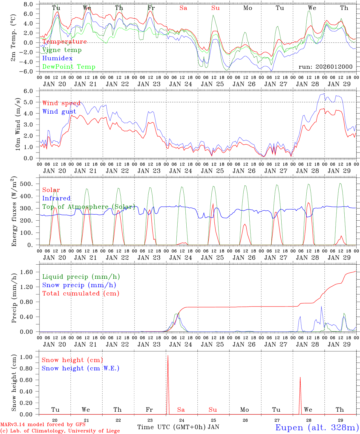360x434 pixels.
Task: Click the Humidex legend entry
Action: [57, 58]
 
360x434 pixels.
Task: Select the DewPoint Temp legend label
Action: [69, 67]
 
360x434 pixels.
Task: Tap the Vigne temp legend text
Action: [62, 50]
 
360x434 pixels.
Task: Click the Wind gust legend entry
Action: [59, 112]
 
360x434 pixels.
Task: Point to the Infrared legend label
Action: [56, 198]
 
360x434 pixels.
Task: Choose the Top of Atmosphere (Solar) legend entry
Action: [88, 207]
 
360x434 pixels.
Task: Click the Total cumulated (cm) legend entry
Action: [81, 293]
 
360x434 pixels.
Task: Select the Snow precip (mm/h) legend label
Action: [79, 285]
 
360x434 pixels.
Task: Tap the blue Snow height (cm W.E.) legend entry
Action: [81, 368]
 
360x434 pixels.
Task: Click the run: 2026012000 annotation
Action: [325, 67]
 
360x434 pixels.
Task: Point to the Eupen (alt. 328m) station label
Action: [317, 427]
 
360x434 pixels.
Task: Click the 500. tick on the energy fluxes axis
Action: [30, 184]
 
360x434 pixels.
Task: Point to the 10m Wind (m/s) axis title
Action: [17, 124]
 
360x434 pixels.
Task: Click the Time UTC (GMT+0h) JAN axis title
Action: [178, 427]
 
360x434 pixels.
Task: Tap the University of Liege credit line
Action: [60, 431]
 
